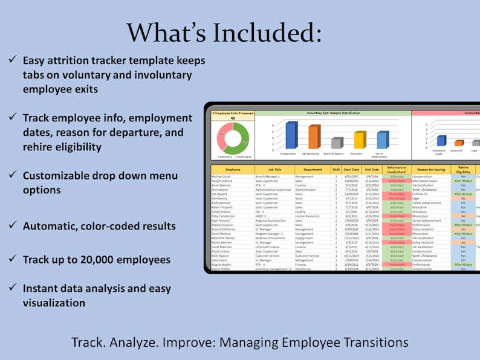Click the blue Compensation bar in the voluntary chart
tap(291, 135)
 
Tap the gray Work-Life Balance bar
tap(337, 143)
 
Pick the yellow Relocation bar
tap(360, 140)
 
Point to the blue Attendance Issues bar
tap(441, 141)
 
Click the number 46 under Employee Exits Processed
tap(232, 118)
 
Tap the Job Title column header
tap(274, 170)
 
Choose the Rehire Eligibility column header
tap(463, 170)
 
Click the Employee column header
tap(233, 170)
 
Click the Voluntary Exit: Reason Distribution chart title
tap(333, 112)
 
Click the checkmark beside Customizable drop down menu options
tap(12, 175)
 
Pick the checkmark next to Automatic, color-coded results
tap(12, 226)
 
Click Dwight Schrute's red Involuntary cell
tap(397, 181)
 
